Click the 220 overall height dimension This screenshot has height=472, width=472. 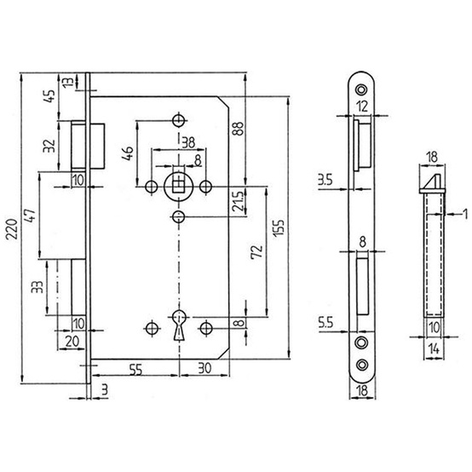coord(13,229)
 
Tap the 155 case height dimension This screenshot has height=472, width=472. coord(279,228)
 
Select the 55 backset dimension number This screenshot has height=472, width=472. coord(135,370)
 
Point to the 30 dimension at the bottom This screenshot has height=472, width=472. coord(204,368)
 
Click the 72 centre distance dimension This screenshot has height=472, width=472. coord(256,252)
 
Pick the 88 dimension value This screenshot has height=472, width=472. coord(238,129)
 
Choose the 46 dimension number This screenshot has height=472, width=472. coord(129,153)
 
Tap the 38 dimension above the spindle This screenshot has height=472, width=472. coord(188,142)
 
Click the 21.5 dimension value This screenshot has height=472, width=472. coord(239,202)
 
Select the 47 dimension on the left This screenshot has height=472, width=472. coord(31,216)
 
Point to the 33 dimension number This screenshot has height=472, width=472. coord(37,287)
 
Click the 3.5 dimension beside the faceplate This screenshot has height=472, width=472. coord(325,181)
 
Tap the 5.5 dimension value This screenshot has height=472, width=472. coord(325,323)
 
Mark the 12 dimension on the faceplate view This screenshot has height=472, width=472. coord(362,106)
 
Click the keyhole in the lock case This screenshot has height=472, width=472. coord(179,325)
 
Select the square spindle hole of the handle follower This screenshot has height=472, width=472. coord(179,183)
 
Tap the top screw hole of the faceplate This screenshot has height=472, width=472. coord(361,89)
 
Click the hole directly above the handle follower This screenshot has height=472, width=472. coord(179,121)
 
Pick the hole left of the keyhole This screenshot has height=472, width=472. coord(152,328)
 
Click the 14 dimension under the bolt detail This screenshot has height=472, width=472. coord(434,349)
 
